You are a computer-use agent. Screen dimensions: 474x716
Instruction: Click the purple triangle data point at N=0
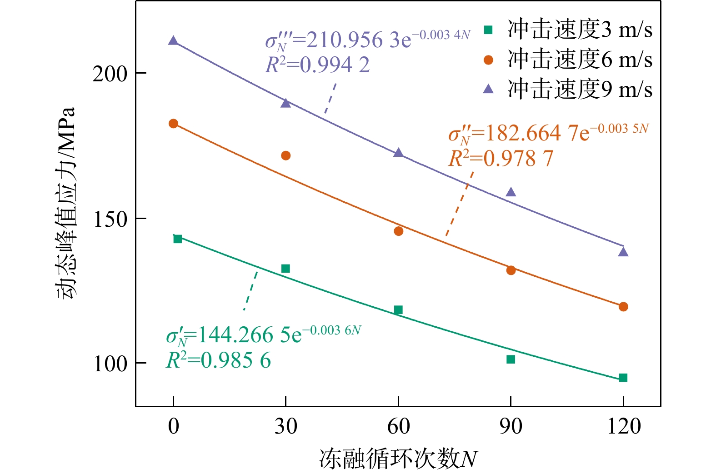click(173, 41)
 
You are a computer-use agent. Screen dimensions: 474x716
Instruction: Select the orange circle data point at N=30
click(285, 156)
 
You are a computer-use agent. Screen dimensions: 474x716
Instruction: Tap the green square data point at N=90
click(511, 359)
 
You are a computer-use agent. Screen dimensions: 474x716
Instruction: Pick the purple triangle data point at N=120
click(623, 252)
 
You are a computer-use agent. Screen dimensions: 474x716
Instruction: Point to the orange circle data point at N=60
click(398, 231)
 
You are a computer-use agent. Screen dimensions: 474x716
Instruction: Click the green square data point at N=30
click(285, 269)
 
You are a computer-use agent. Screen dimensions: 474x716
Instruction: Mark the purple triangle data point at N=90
click(511, 192)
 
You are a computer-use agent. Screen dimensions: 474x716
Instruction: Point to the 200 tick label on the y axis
click(110, 74)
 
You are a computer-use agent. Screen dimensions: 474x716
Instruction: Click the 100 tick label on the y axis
click(110, 364)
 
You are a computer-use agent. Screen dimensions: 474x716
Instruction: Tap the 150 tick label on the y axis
click(110, 219)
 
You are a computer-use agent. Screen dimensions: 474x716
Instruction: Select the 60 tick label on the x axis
click(398, 426)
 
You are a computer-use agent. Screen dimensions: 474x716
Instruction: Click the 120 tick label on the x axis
click(624, 426)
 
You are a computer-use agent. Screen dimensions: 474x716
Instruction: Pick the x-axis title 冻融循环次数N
click(398, 459)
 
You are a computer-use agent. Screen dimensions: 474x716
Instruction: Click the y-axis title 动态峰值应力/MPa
click(65, 202)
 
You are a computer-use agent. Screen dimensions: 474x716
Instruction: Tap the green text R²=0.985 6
click(218, 361)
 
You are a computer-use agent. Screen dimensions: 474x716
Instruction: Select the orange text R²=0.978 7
click(501, 159)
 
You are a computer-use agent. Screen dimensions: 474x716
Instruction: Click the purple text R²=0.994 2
click(317, 65)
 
